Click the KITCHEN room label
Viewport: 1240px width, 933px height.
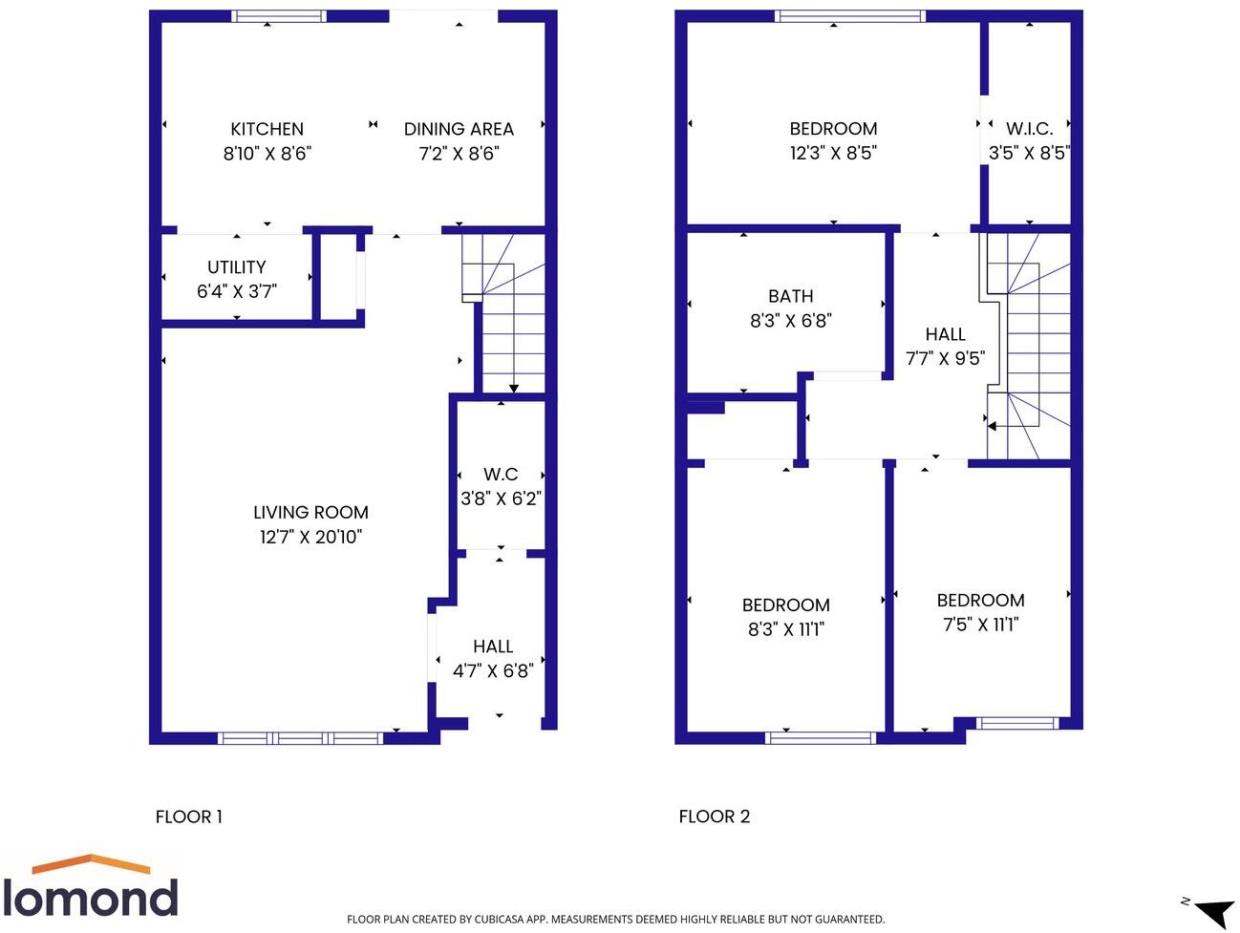(x=267, y=129)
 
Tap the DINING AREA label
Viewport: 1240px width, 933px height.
(x=459, y=129)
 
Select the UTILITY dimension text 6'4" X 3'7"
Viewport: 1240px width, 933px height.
(x=237, y=291)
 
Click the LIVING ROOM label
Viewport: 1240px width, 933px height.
(x=310, y=513)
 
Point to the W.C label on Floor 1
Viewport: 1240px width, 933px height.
(x=501, y=475)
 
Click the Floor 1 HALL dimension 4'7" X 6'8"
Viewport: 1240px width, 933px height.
(x=493, y=671)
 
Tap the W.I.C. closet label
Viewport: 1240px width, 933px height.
(x=1029, y=128)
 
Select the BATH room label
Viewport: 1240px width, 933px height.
(x=791, y=297)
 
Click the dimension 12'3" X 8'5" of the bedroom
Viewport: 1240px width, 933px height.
(x=833, y=153)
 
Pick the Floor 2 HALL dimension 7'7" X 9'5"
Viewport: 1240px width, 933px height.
(x=945, y=359)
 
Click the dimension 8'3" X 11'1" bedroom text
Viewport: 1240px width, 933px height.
(x=785, y=629)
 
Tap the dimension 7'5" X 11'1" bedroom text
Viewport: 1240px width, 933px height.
(x=980, y=625)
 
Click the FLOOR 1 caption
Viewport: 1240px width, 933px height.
(x=189, y=816)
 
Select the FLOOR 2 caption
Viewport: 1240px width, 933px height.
(x=715, y=816)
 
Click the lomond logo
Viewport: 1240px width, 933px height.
(x=91, y=887)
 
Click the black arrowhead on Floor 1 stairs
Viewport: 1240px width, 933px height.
(x=514, y=388)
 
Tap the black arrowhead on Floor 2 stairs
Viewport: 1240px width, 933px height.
(x=993, y=427)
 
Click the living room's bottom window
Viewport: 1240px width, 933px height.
(x=300, y=737)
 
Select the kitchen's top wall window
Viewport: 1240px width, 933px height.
(x=279, y=16)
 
